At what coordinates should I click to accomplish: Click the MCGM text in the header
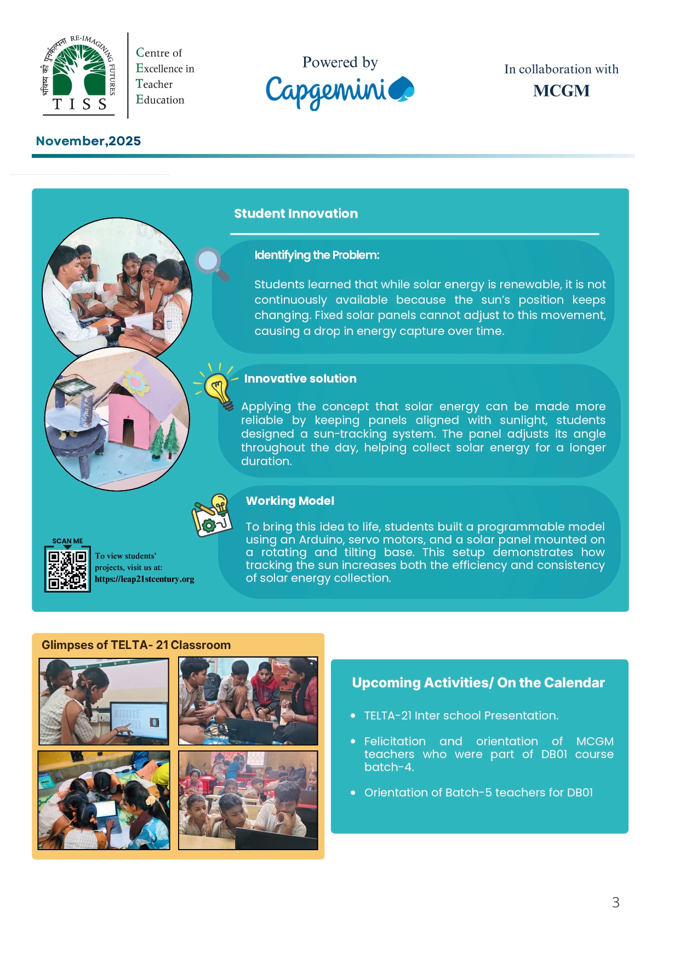coord(561,91)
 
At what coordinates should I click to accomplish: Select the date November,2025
coord(88,141)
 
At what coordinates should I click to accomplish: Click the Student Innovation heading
coord(296,214)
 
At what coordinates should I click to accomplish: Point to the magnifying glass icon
coord(212,264)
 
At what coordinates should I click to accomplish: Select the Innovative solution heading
coord(300,379)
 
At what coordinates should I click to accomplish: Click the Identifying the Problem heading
coord(317,255)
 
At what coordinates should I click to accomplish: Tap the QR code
coord(67,570)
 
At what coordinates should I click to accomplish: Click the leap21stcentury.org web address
coord(145,579)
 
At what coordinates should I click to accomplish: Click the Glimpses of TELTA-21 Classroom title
coord(136,645)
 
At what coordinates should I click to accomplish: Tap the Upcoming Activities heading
coord(478,683)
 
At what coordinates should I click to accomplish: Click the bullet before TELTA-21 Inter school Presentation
coord(353,716)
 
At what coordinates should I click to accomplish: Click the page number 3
coord(615,903)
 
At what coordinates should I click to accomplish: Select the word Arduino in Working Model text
coord(322,540)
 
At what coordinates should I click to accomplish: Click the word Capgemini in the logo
coord(327,91)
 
